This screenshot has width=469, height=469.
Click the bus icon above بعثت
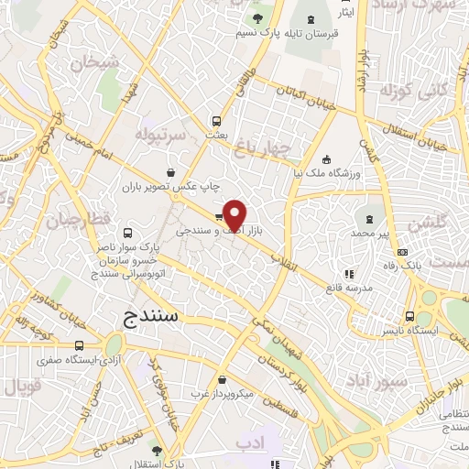coord(217,120)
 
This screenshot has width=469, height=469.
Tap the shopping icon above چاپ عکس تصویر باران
coord(171,172)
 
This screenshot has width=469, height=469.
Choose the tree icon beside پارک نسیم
coord(257,17)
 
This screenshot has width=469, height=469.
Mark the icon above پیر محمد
coord(369,218)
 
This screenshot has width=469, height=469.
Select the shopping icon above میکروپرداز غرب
coord(223,379)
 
